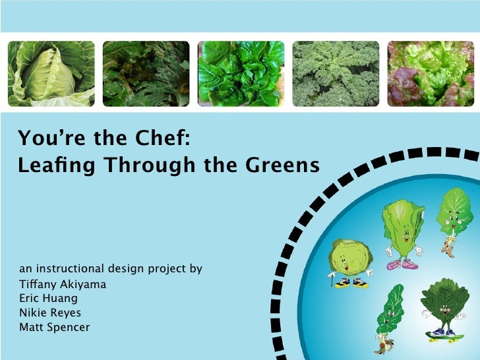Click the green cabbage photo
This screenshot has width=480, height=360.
click(51, 74)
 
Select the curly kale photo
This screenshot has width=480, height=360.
click(336, 74)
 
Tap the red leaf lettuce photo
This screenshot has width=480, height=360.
click(430, 74)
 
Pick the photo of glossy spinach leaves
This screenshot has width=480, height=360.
click(241, 74)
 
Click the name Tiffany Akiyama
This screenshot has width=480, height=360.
click(63, 285)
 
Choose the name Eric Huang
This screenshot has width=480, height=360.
click(49, 299)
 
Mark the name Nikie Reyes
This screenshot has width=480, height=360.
click(50, 313)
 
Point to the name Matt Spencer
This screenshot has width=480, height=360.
click(55, 327)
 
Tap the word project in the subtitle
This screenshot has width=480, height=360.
click(167, 270)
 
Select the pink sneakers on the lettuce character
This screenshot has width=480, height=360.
click(401, 264)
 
